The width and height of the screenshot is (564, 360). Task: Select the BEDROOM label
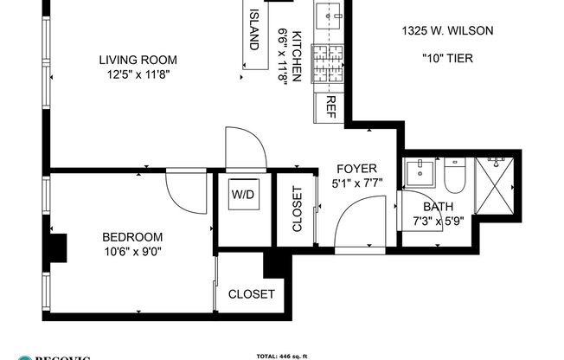coord(132,237)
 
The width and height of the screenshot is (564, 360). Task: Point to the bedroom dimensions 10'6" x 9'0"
coord(132,252)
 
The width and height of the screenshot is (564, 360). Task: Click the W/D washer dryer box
coord(242,195)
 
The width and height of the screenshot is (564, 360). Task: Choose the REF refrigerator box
coord(330,106)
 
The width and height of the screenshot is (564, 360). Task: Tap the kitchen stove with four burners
coord(329,66)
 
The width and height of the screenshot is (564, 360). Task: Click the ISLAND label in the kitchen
coord(254,29)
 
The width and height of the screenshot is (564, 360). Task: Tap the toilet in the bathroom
coord(454,177)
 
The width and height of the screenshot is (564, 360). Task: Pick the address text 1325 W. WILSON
coord(447,31)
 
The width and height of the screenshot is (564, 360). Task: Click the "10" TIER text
coord(446,59)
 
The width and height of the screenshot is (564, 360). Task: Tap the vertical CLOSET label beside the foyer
coord(297,209)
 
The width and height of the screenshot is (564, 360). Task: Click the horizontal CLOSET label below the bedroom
coord(251,294)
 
